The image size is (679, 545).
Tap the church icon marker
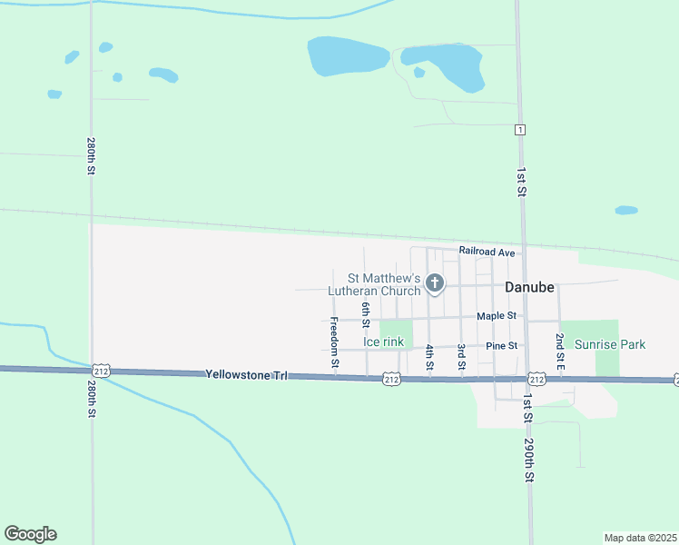click(x=435, y=283)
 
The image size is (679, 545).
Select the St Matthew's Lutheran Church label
click(x=379, y=284)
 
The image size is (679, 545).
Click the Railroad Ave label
click(x=487, y=251)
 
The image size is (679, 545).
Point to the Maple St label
click(x=497, y=316)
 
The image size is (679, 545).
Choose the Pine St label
click(x=501, y=346)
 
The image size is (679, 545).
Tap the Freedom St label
click(x=334, y=342)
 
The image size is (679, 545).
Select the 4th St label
click(x=429, y=356)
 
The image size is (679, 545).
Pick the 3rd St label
click(x=461, y=356)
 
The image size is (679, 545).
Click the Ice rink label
click(x=383, y=342)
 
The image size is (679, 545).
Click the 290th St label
click(x=529, y=461)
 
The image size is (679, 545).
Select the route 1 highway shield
click(x=519, y=130)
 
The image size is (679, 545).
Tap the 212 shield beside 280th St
click(x=102, y=371)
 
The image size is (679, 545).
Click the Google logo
click(x=30, y=534)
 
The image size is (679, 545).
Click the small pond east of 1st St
click(x=626, y=210)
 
